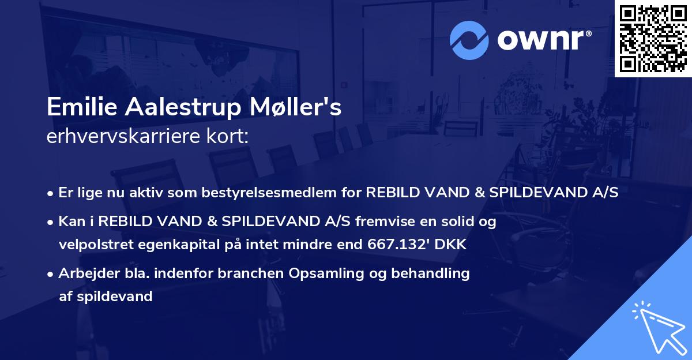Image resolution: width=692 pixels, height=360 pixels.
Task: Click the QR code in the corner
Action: click(653, 39)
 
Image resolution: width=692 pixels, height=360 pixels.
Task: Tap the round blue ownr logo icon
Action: click(469, 40)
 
